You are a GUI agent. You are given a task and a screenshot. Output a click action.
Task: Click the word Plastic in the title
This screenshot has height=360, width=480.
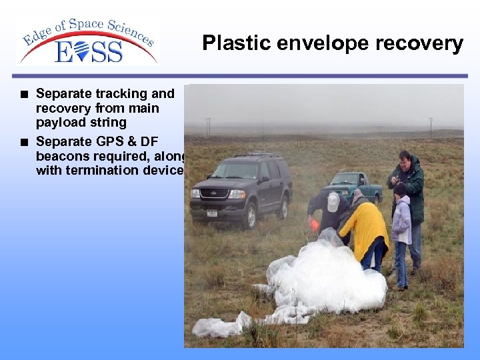pyautogui.click(x=233, y=43)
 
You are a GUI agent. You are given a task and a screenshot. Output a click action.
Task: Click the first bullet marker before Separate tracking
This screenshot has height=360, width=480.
pyautogui.click(x=24, y=94)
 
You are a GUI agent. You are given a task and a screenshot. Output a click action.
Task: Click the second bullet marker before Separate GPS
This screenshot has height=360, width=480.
pyautogui.click(x=24, y=141)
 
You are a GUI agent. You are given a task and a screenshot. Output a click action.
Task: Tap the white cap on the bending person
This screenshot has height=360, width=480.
pyautogui.click(x=333, y=201)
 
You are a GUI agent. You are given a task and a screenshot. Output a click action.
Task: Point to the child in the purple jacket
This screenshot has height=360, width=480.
pyautogui.click(x=401, y=223)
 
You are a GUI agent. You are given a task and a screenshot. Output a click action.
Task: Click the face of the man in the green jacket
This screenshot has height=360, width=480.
pyautogui.click(x=405, y=161)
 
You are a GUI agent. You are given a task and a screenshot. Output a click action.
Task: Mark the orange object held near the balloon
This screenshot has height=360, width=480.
pyautogui.click(x=314, y=225)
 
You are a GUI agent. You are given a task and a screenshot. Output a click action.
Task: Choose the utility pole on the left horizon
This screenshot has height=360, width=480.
pyautogui.click(x=208, y=126)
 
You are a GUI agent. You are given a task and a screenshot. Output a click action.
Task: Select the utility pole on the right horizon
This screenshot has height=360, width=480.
pyautogui.click(x=431, y=127)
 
